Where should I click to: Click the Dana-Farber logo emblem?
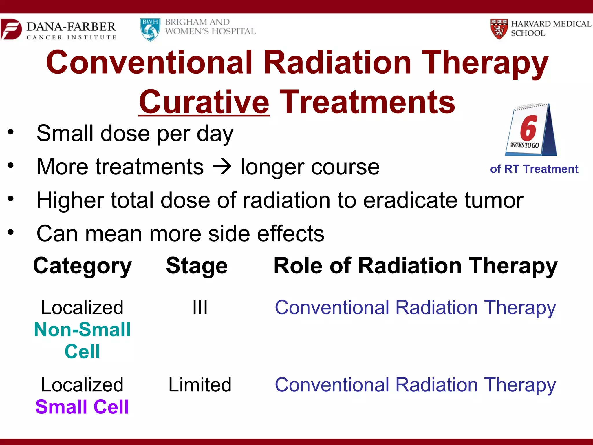coord(11,29)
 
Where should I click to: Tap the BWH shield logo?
coord(150,30)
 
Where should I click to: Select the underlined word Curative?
coord(204,102)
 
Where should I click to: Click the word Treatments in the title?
coord(368,102)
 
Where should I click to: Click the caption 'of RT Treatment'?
coord(534,169)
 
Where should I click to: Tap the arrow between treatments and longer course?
coord(222,167)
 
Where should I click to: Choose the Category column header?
coord(83,266)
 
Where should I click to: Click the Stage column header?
coord(197,266)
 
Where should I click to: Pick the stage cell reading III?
coord(200,307)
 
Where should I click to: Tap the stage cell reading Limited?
coord(200,385)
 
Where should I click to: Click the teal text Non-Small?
coord(83,330)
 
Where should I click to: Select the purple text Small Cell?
coord(82,407)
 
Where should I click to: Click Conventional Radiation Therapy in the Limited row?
coord(415,385)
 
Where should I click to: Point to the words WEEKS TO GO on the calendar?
coord(524,145)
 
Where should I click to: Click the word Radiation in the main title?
coord(337,63)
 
